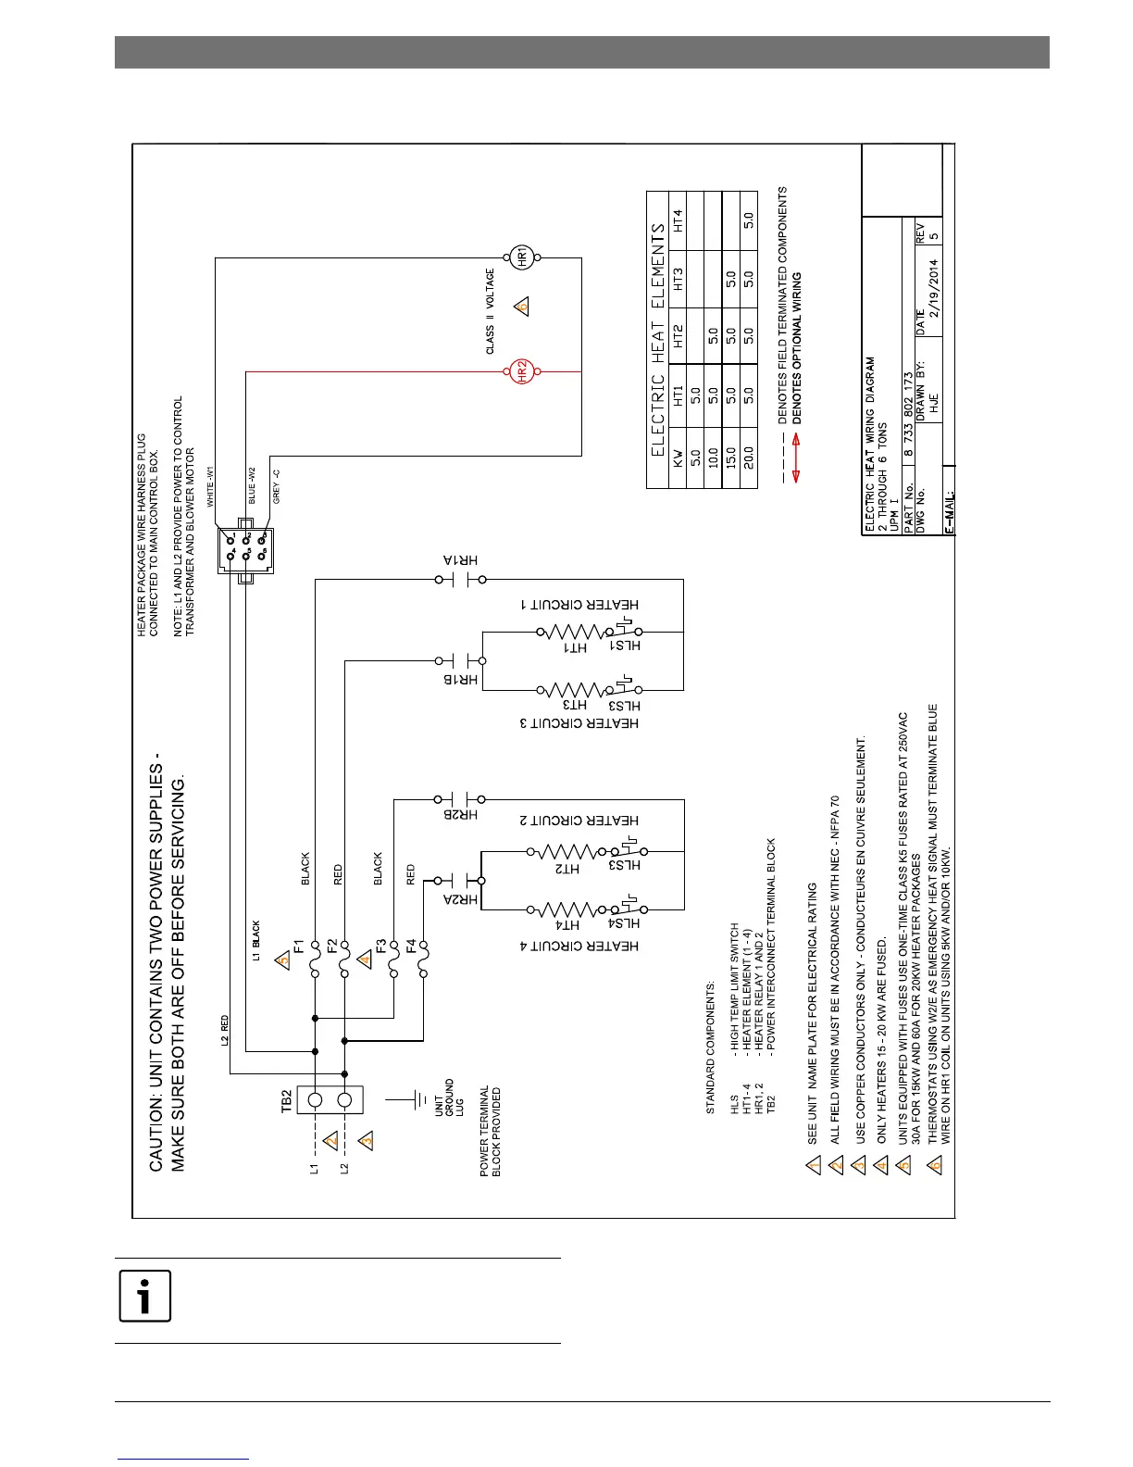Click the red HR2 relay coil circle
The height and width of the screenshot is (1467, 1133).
(x=520, y=372)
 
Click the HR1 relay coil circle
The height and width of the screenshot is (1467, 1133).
(x=520, y=257)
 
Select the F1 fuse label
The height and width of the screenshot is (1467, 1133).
(x=300, y=946)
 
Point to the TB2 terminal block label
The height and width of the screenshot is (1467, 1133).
(x=287, y=1100)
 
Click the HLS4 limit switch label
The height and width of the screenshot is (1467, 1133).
(x=626, y=924)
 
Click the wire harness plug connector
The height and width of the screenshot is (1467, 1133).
(x=245, y=550)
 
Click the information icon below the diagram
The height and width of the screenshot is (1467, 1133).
(x=144, y=1297)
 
